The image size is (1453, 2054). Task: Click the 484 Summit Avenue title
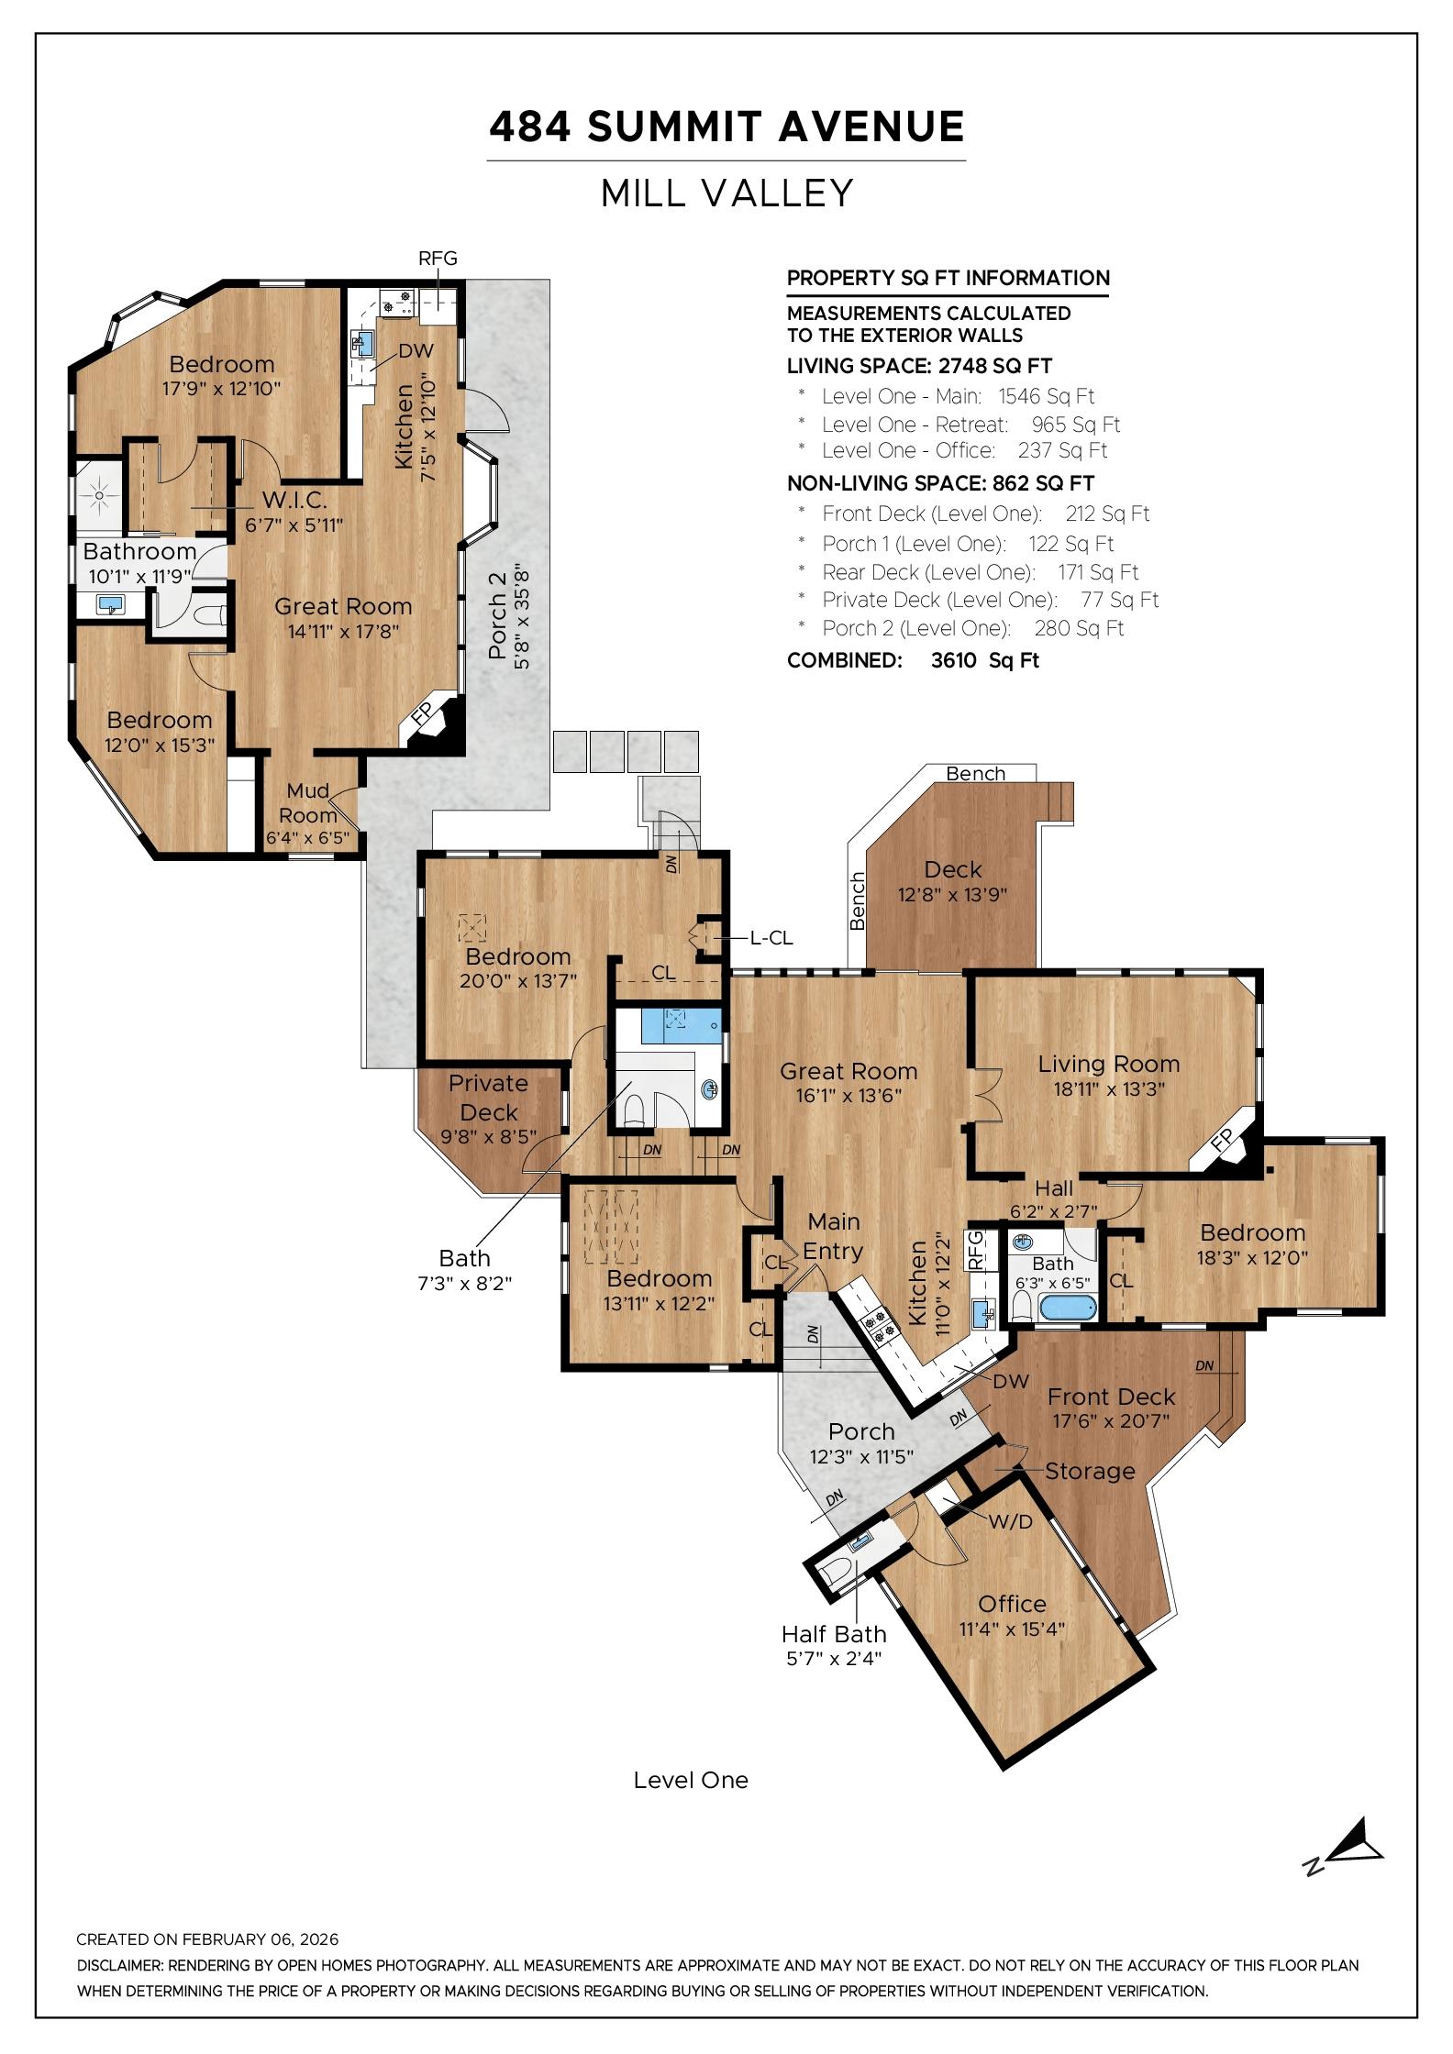tap(726, 127)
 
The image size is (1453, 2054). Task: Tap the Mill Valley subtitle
tap(726, 193)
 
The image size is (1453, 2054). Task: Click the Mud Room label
tap(308, 802)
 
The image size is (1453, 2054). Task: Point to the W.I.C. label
tap(294, 501)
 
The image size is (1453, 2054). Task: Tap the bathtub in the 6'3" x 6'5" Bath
tap(1066, 1307)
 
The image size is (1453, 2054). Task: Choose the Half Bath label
tap(834, 1633)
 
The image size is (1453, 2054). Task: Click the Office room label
tap(1012, 1603)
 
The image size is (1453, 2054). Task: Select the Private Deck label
tap(488, 1098)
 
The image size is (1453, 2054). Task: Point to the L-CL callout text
tap(771, 938)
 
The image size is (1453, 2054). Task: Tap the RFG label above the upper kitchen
tap(438, 259)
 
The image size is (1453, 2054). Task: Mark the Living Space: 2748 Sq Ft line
tap(919, 366)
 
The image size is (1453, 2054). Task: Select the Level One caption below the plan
tap(691, 1780)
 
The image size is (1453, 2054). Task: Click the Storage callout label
tap(1090, 1471)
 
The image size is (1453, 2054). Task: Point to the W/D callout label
tap(1010, 1521)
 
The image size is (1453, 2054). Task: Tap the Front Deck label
tap(1111, 1397)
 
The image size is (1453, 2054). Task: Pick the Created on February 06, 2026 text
tap(207, 1939)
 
